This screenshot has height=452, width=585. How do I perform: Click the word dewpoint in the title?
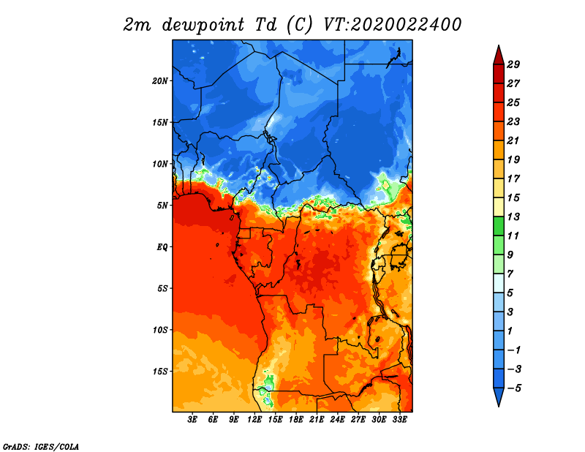pos(203,25)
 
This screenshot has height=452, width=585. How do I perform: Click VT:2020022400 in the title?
pos(392,25)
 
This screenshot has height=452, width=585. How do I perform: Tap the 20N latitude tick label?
pos(159,81)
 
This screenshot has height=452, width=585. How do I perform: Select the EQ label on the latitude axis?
pos(162,247)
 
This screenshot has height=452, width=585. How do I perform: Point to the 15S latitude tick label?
pos(160,372)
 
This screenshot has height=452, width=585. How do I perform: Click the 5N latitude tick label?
pos(162,206)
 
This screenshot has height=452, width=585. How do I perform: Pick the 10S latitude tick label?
pos(160,330)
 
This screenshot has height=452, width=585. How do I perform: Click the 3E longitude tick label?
pos(192,420)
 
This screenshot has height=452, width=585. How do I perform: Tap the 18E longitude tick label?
pos(295,420)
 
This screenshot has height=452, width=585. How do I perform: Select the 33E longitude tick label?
pos(399,420)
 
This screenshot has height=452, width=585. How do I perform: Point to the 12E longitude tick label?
pos(254,420)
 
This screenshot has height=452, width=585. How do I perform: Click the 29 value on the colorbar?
pos(513,64)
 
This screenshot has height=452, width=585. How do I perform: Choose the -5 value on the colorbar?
pos(514,388)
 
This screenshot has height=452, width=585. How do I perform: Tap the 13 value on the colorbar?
pos(513,216)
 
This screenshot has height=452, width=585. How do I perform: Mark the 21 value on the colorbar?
pos(513,140)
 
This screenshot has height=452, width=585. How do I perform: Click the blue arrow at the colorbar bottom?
pos(499,396)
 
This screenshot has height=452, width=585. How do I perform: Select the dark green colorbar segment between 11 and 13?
pos(499,226)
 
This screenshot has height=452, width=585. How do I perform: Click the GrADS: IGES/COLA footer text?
pos(41,446)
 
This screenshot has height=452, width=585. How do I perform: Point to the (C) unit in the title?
pos(299,25)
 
